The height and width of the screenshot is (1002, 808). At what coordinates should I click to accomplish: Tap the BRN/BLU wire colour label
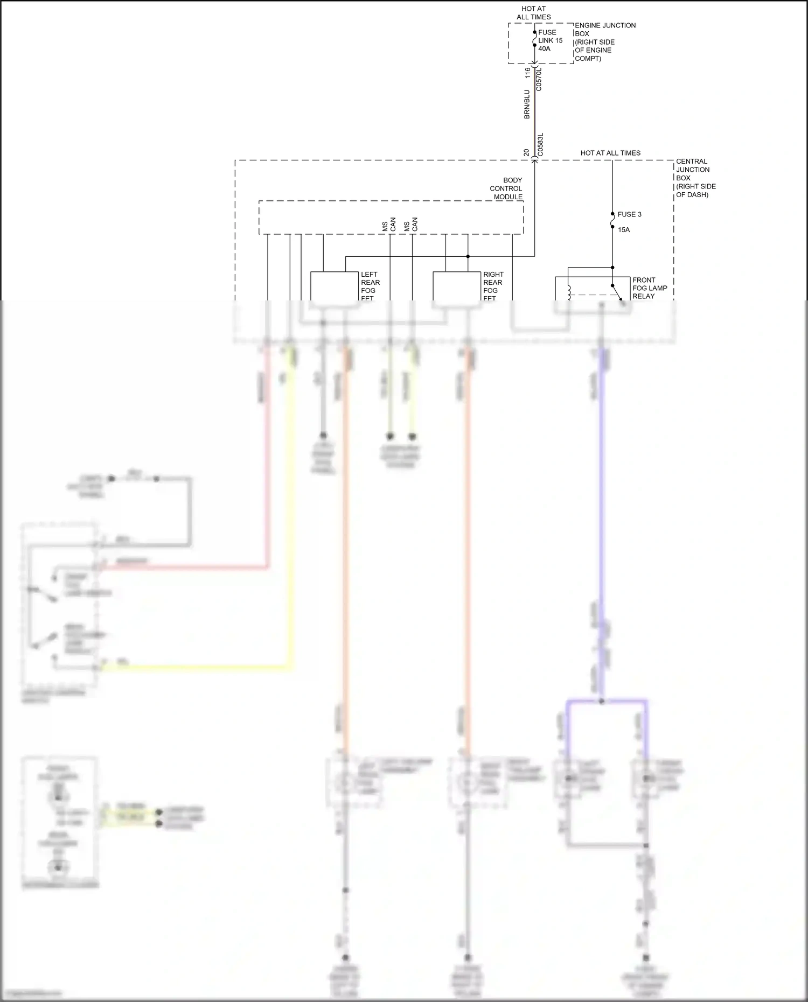527,104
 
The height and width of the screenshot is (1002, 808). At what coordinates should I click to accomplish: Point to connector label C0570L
539,79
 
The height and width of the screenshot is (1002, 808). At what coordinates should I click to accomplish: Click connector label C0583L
540,144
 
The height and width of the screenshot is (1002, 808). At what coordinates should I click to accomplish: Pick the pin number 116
528,73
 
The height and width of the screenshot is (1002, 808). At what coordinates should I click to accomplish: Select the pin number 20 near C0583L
527,153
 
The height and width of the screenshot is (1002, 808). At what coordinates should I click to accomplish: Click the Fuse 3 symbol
612,220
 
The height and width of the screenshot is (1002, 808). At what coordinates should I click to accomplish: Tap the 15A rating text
624,230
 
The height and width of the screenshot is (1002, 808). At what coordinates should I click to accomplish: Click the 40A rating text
544,49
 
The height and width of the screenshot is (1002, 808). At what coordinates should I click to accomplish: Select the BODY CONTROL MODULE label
506,188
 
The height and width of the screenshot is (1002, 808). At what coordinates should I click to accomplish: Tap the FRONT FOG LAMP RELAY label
649,288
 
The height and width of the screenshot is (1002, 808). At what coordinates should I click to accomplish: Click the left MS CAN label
389,225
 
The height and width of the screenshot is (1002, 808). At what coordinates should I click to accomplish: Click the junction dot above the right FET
468,256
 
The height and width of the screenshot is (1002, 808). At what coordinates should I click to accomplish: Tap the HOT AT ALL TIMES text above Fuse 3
610,153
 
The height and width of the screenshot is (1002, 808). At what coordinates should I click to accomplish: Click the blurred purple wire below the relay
602,485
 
